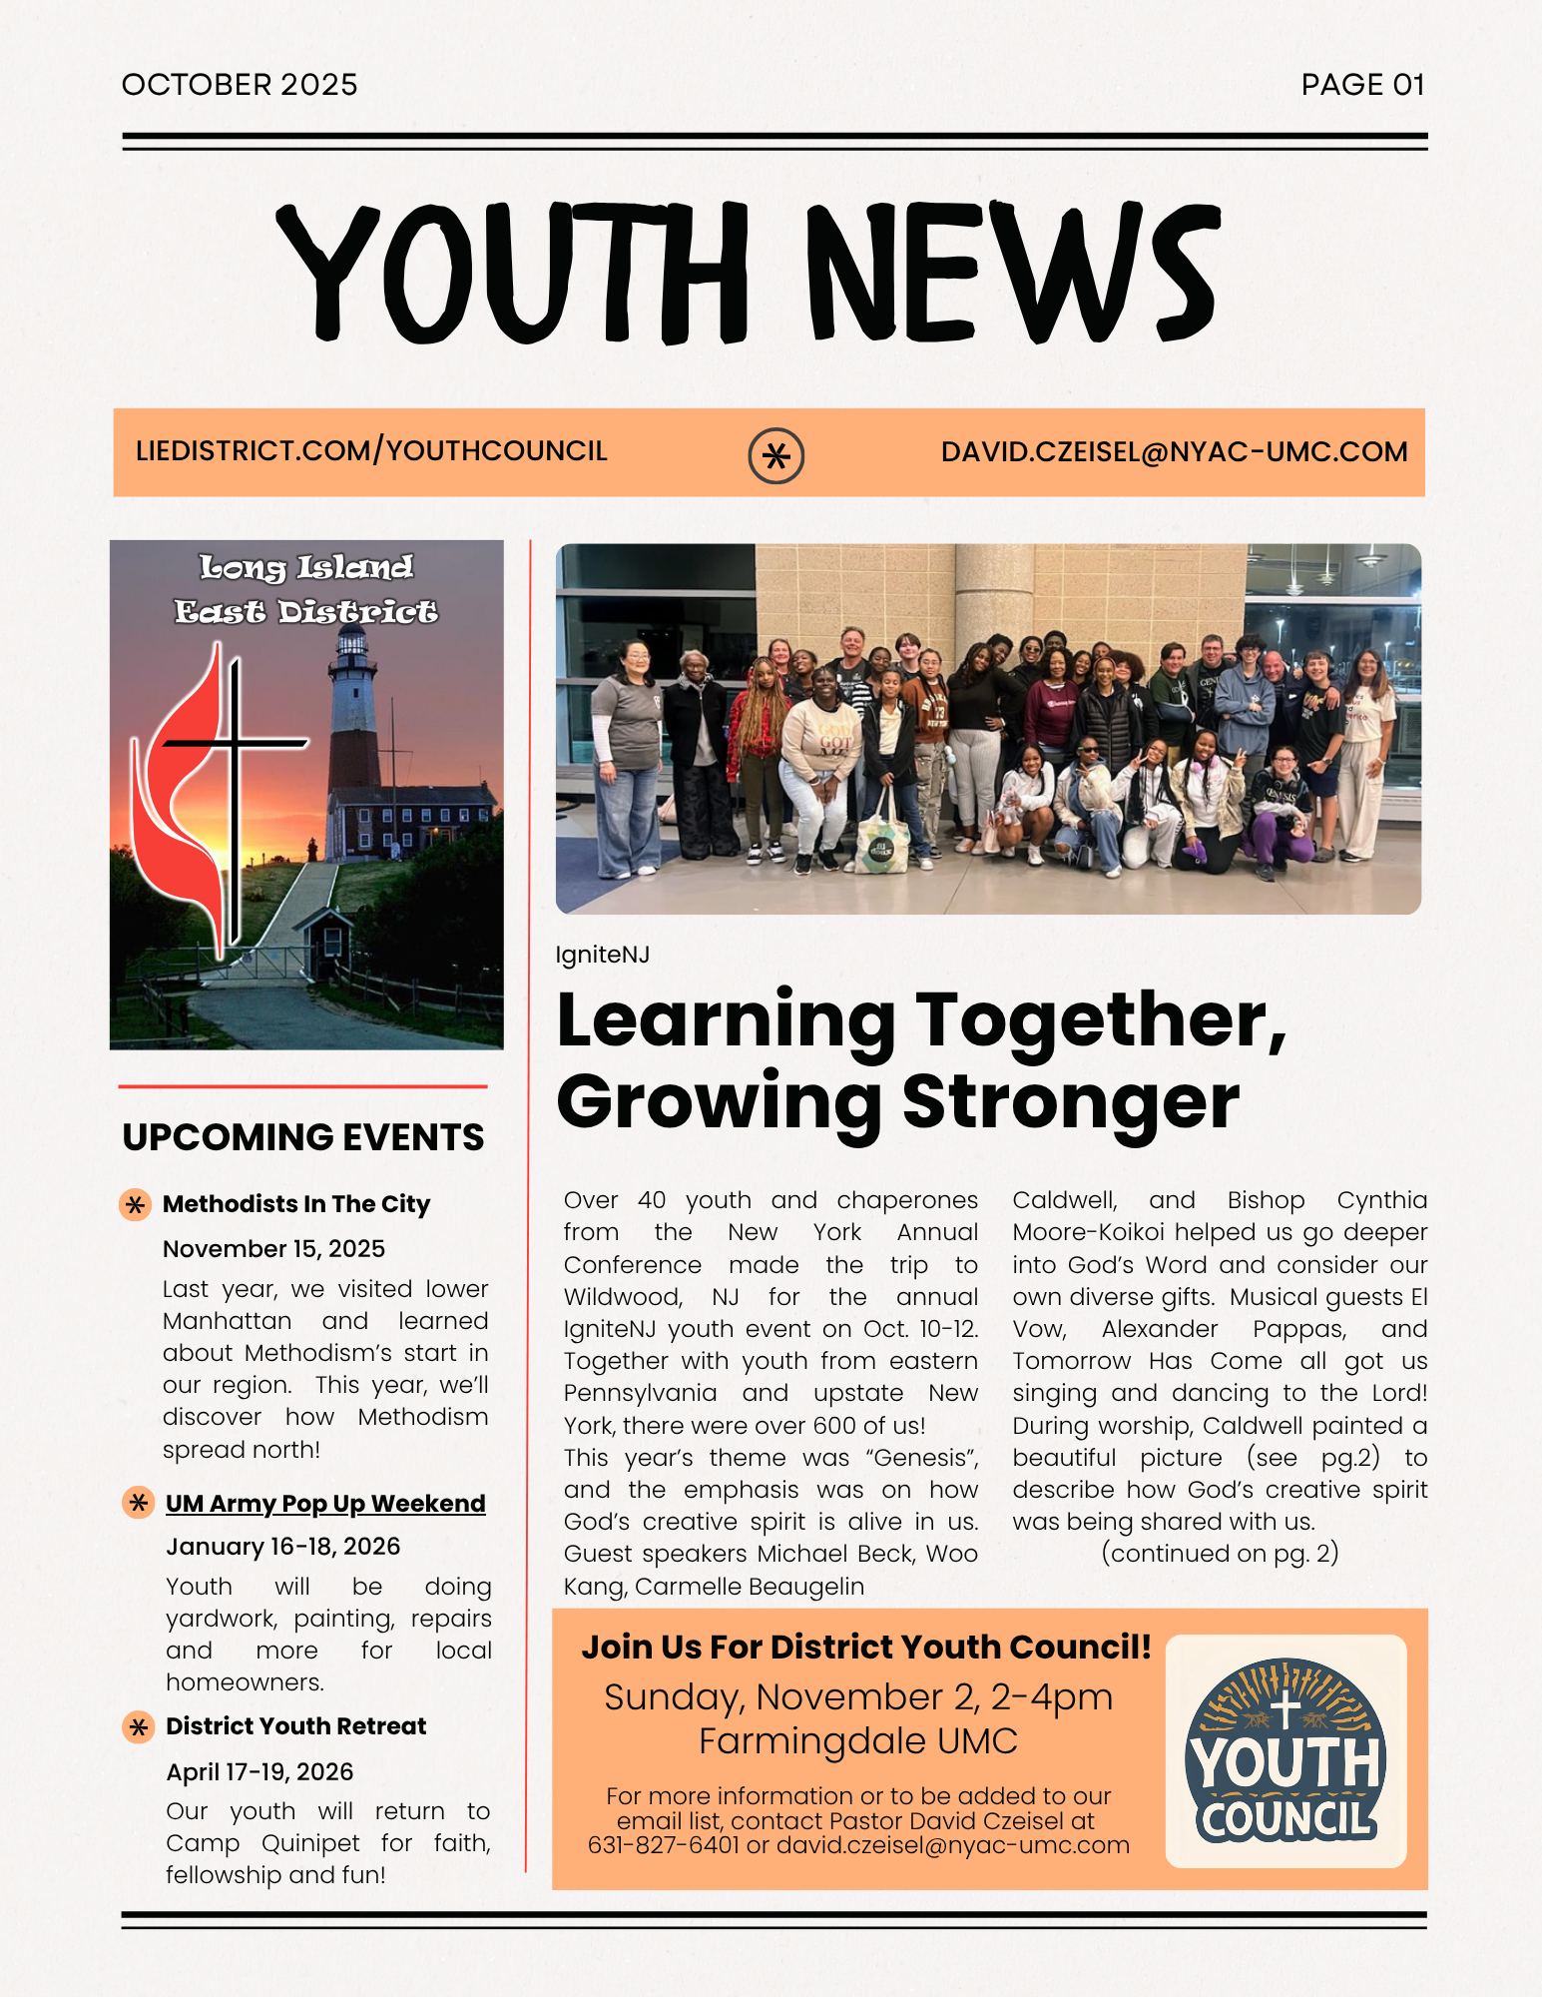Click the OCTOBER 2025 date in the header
click(x=240, y=85)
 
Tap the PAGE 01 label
click(x=1362, y=85)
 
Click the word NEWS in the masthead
click(x=1013, y=272)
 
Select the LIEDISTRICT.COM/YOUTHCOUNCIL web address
click(x=371, y=451)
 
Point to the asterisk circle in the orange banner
click(x=775, y=456)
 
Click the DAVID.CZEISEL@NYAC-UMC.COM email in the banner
click(x=1174, y=452)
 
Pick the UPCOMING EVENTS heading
click(x=303, y=1137)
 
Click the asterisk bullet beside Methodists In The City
click(x=136, y=1204)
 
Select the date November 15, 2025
click(x=273, y=1249)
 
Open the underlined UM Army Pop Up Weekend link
click(x=325, y=1504)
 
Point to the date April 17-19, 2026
click(x=259, y=1772)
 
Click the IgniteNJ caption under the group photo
click(x=602, y=955)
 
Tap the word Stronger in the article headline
click(x=1070, y=1101)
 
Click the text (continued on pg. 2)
click(x=1220, y=1554)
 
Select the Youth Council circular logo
click(x=1285, y=1751)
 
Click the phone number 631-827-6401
click(x=663, y=1845)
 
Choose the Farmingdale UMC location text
click(x=857, y=1741)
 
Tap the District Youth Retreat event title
click(x=295, y=1726)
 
